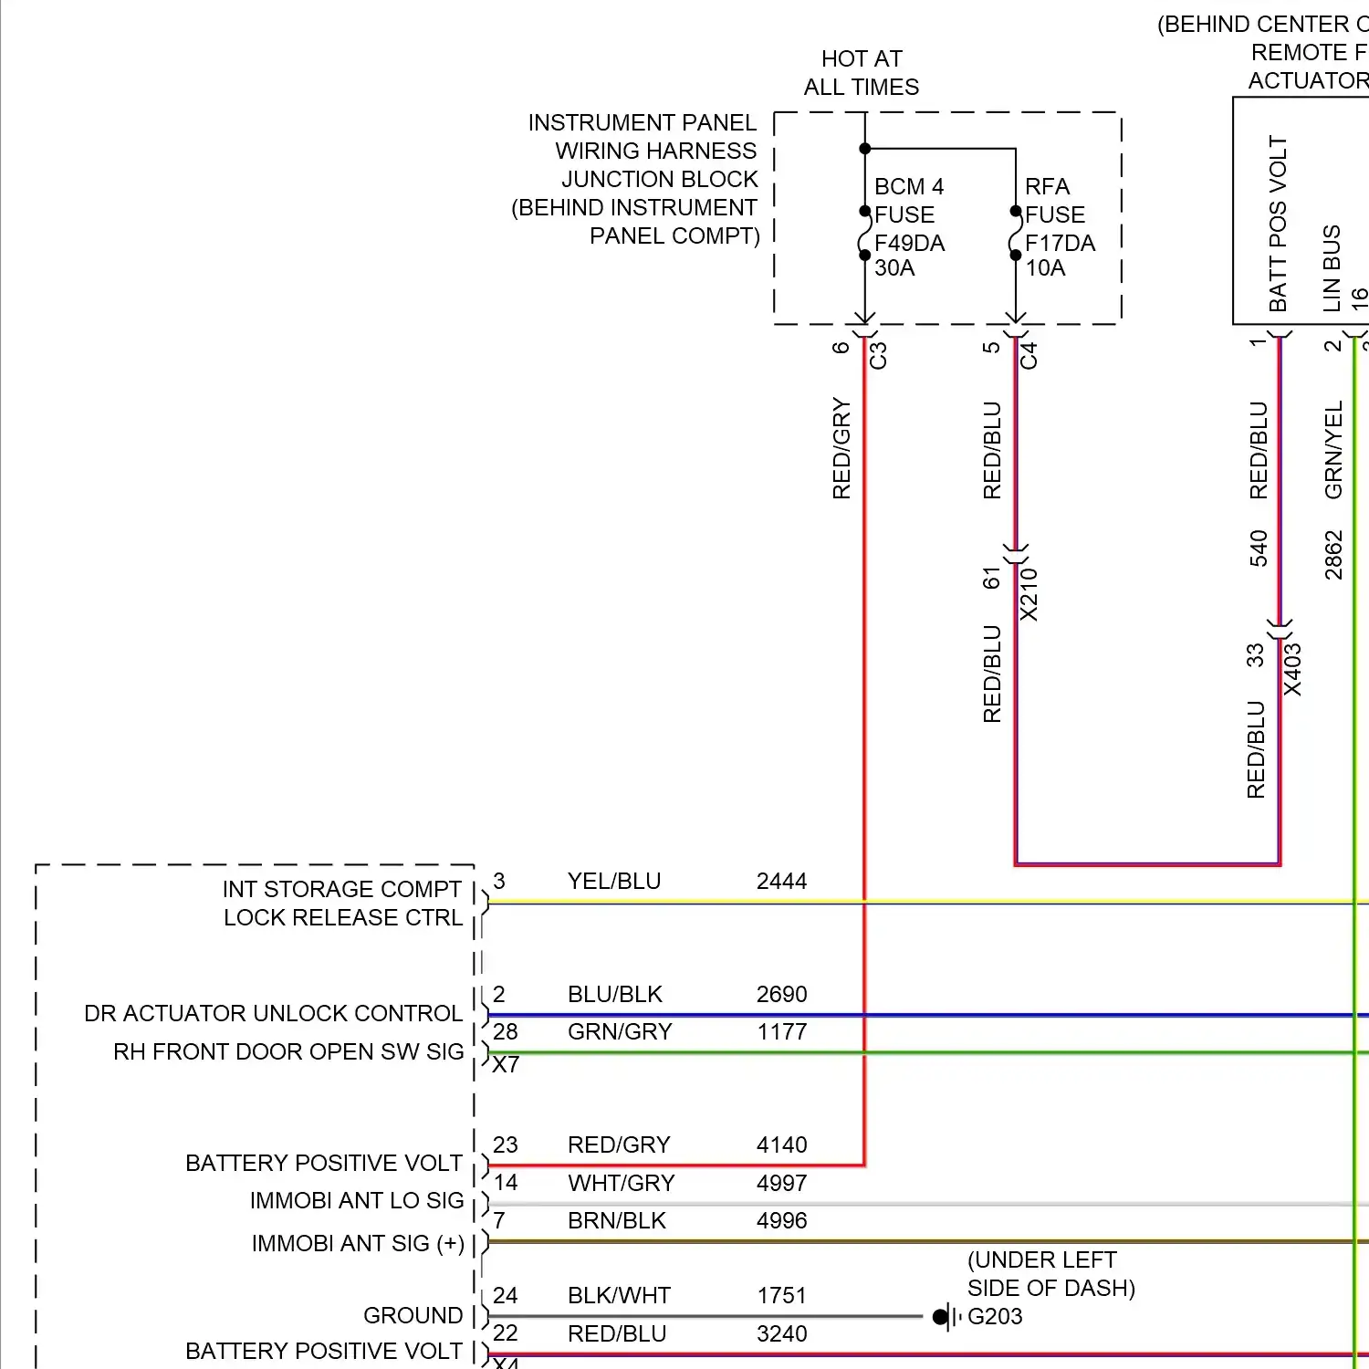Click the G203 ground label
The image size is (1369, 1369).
pos(995,1316)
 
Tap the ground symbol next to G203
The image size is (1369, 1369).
pos(944,1317)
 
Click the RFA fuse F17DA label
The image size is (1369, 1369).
pos(1059,227)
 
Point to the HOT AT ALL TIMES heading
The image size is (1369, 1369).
pos(861,73)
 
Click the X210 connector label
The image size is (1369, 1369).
pos(1029,594)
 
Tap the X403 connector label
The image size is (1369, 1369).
pos(1292,670)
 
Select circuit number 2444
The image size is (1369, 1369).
pos(781,881)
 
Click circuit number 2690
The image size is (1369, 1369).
pos(781,994)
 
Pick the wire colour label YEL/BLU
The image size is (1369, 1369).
pos(614,881)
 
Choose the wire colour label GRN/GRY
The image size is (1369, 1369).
pos(620,1031)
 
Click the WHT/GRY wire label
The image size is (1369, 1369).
pos(621,1183)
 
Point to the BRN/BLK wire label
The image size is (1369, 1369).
pos(617,1220)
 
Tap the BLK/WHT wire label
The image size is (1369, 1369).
pos(619,1295)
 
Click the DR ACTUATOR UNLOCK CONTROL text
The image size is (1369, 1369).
pos(273,1013)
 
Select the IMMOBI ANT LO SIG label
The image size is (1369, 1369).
pos(357,1200)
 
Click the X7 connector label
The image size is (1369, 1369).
pos(506,1065)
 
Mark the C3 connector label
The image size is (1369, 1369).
pos(878,354)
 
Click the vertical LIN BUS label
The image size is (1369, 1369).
pos(1332,268)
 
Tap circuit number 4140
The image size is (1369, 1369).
pos(781,1144)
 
